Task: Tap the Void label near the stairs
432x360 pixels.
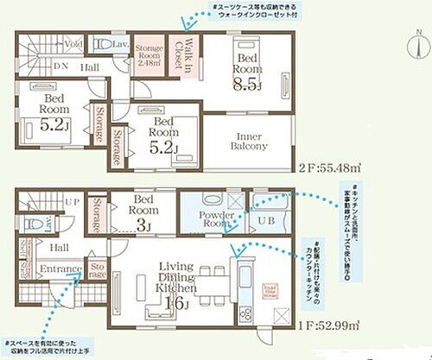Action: coord(74,42)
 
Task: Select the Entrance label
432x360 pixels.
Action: coord(60,270)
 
